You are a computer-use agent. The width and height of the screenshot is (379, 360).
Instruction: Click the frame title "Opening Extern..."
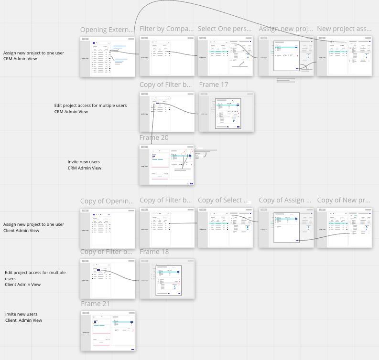pyautogui.click(x=107, y=30)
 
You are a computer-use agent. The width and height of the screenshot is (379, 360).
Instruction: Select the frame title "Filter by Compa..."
pyautogui.click(x=166, y=29)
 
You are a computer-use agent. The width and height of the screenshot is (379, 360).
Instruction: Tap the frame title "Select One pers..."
pyautogui.click(x=225, y=29)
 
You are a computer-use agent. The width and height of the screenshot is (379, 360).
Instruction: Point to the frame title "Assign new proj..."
pyautogui.click(x=286, y=29)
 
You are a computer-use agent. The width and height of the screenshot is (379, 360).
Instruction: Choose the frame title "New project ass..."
pyautogui.click(x=344, y=29)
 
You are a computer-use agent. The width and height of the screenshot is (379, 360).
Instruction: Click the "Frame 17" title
pyautogui.click(x=214, y=85)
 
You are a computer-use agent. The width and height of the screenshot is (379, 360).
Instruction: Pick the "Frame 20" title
pyautogui.click(x=154, y=138)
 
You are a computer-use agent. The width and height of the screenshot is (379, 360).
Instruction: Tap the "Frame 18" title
pyautogui.click(x=154, y=252)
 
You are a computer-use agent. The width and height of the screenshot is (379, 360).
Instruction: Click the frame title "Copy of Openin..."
pyautogui.click(x=107, y=201)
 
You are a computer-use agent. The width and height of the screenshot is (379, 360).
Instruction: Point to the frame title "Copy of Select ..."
pyautogui.click(x=223, y=200)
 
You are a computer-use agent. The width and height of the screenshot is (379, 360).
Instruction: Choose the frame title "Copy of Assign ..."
pyautogui.click(x=285, y=200)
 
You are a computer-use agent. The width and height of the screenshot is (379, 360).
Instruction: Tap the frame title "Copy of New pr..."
pyautogui.click(x=344, y=200)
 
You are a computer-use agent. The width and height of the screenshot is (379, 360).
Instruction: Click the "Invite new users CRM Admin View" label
pyautogui.click(x=84, y=165)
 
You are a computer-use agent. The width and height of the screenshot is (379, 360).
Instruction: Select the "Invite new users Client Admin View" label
pyautogui.click(x=24, y=317)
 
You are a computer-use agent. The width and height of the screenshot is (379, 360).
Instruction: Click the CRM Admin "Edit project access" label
pyautogui.click(x=90, y=108)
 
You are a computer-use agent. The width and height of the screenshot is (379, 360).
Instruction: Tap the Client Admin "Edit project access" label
pyautogui.click(x=35, y=278)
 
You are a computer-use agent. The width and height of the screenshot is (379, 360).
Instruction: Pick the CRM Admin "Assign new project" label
pyautogui.click(x=33, y=56)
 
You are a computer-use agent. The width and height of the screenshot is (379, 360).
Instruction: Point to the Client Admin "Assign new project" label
pyautogui.click(x=33, y=227)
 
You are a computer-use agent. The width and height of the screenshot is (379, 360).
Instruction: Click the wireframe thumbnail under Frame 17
pyautogui.click(x=227, y=112)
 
